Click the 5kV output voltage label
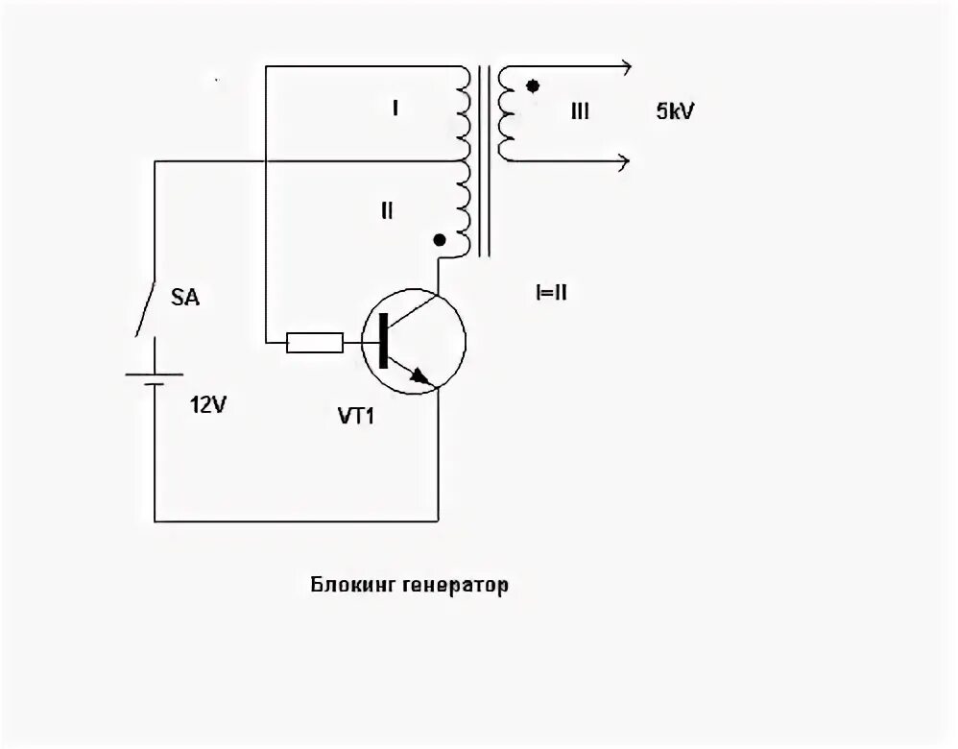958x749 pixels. pyautogui.click(x=675, y=111)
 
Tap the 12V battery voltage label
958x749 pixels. pyautogui.click(x=207, y=405)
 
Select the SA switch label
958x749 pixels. pyautogui.click(x=184, y=298)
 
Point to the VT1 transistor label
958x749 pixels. pyautogui.click(x=355, y=417)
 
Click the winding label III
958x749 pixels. pyautogui.click(x=579, y=111)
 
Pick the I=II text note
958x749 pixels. pyautogui.click(x=551, y=292)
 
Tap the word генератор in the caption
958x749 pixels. pyautogui.click(x=456, y=585)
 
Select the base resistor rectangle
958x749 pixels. pyautogui.click(x=315, y=343)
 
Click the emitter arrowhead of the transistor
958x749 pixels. pyautogui.click(x=419, y=375)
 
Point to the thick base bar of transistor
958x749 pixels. pyautogui.click(x=383, y=341)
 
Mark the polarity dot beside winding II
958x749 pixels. pyautogui.click(x=439, y=240)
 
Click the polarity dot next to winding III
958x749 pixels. pyautogui.click(x=533, y=86)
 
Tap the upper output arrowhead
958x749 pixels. pyautogui.click(x=626, y=66)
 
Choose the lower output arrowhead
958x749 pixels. pyautogui.click(x=624, y=162)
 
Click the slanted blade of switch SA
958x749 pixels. pyautogui.click(x=145, y=308)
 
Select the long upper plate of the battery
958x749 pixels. pyautogui.click(x=154, y=374)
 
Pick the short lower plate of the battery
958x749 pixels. pyautogui.click(x=154, y=385)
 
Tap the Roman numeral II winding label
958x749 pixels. pyautogui.click(x=387, y=211)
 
